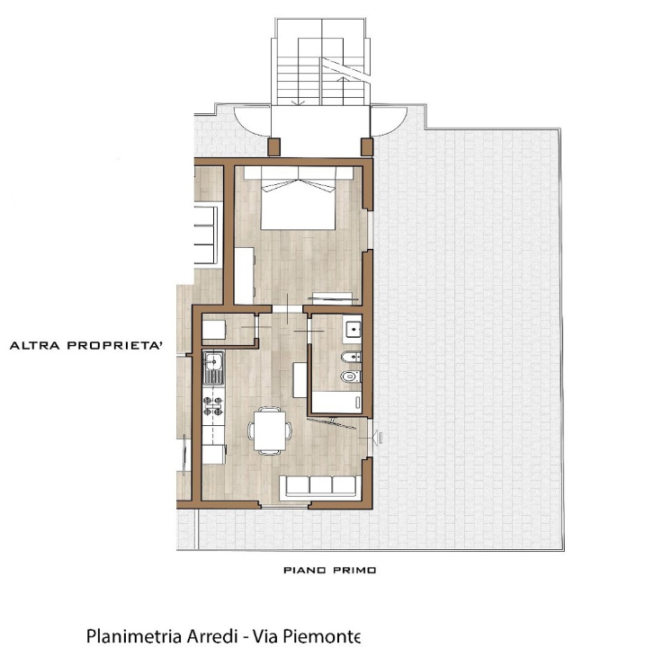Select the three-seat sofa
pyautogui.click(x=320, y=486)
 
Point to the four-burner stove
pyautogui.click(x=214, y=406)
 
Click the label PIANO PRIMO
pyautogui.click(x=329, y=570)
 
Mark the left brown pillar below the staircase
pyautogui.click(x=275, y=146)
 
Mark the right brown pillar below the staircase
pyautogui.click(x=366, y=146)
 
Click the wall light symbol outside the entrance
pyautogui.click(x=379, y=438)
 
